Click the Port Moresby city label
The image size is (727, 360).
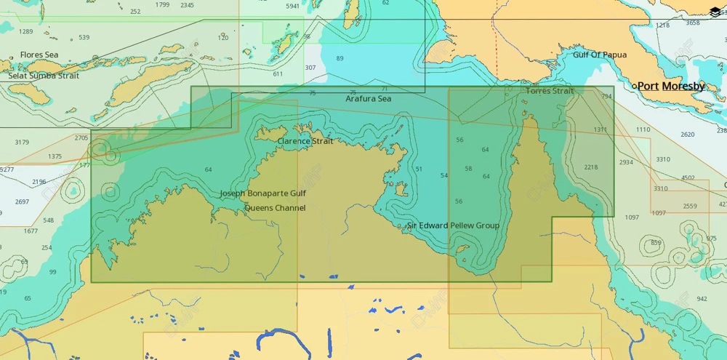671,87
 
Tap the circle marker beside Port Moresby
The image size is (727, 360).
635,87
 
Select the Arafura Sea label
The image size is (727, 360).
369,99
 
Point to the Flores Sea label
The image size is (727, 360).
39,55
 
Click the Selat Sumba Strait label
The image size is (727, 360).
44,76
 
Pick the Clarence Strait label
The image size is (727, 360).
305,141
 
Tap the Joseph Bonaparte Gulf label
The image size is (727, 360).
263,194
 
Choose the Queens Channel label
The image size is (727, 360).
275,208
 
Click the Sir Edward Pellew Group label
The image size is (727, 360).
453,225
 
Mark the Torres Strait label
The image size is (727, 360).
550,92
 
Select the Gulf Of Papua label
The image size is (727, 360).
600,55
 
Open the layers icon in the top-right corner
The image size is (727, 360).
715,12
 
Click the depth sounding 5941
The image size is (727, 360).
292,7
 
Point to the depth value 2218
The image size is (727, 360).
590,167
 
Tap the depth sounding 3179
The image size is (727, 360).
22,143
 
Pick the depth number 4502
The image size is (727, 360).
688,177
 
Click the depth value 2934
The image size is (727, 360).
626,162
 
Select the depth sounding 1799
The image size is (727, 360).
162,5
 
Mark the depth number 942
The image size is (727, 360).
702,299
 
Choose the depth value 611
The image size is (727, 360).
278,74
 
